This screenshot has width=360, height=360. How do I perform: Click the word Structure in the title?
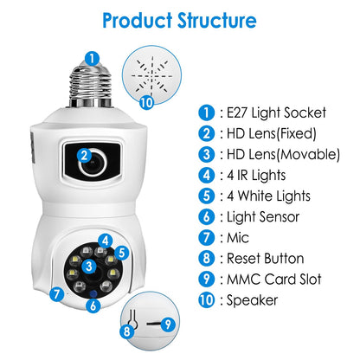coord(216,20)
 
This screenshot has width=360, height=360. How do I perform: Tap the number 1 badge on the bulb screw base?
coord(92,59)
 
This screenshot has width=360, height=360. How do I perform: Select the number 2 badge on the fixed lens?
coord(84,156)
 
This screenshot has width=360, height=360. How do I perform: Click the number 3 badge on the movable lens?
coord(89,266)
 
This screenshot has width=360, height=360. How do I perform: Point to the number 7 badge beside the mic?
coord(56,294)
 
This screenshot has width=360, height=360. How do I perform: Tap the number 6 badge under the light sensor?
coord(93,305)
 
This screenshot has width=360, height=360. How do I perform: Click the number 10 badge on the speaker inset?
coord(146,102)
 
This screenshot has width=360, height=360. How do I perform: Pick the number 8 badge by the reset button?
coord(127,331)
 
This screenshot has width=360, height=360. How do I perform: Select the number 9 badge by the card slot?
coord(168,325)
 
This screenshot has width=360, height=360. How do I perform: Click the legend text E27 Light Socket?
coord(276,112)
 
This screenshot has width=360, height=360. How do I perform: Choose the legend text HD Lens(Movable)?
coord(283,154)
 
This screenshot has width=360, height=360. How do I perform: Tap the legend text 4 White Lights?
coord(268,196)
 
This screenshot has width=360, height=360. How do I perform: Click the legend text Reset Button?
coord(266,259)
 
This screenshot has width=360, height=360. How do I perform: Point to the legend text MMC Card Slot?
coord(274,280)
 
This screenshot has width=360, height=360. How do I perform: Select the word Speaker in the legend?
coord(252,300)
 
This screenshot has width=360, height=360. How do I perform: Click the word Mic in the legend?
coord(238,238)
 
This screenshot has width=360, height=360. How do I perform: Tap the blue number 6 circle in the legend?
coord(207,217)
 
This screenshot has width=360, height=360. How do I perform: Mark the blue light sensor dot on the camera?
coord(93,294)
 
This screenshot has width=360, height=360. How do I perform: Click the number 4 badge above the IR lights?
coord(105,241)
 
